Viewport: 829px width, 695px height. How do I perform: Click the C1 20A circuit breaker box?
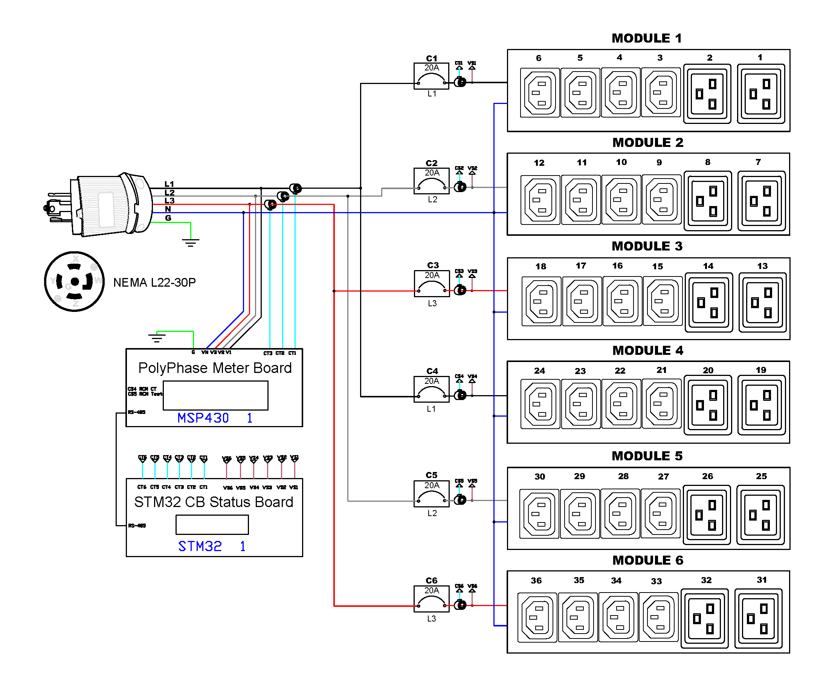(x=431, y=76)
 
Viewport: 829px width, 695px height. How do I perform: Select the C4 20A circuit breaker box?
(x=431, y=389)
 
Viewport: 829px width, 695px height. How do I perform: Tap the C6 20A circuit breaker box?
(x=431, y=598)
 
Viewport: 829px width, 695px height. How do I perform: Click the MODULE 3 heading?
(x=647, y=246)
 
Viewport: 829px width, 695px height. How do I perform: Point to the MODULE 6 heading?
(x=647, y=560)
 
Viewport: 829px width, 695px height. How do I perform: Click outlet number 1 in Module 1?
(x=760, y=94)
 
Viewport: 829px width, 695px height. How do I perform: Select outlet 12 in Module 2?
(x=540, y=200)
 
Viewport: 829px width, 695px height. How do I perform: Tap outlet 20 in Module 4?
(x=707, y=405)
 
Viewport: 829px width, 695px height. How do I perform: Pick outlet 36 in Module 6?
(x=537, y=617)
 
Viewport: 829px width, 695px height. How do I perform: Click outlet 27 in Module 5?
(x=660, y=513)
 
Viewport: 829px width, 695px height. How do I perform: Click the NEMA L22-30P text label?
(x=154, y=283)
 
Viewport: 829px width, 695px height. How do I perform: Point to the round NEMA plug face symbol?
(x=74, y=281)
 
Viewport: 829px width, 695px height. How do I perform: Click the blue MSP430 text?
(x=203, y=418)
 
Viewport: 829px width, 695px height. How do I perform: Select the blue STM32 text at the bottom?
(x=200, y=546)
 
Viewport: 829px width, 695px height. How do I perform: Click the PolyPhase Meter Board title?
(x=215, y=368)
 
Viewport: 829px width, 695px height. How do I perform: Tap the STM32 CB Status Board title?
(x=214, y=502)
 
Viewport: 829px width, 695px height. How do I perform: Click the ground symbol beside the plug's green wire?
(x=191, y=242)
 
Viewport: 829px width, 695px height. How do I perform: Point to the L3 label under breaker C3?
(x=432, y=303)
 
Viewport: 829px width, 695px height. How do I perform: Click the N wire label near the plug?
(x=168, y=209)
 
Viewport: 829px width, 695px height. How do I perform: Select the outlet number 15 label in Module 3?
(x=657, y=267)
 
